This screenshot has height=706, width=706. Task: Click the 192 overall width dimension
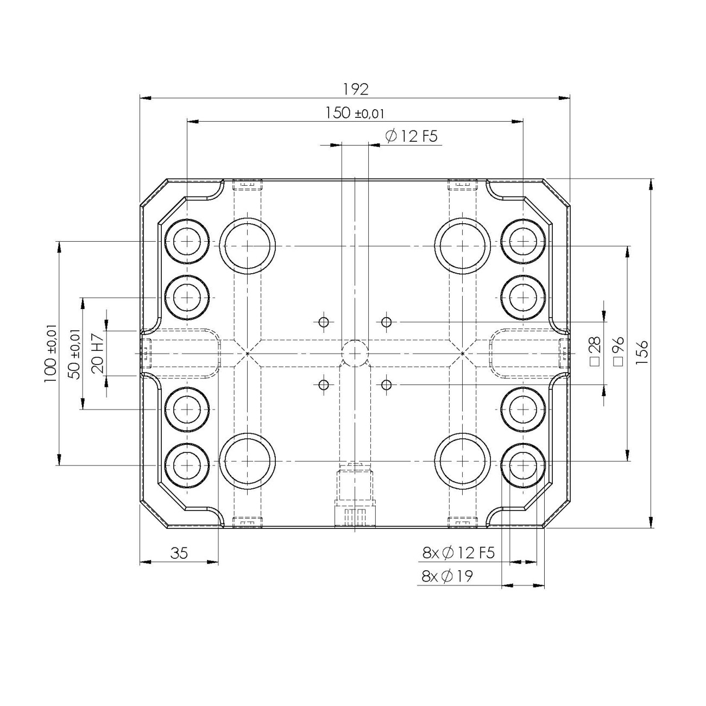click(x=355, y=89)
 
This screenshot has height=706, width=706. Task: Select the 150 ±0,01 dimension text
click(x=355, y=113)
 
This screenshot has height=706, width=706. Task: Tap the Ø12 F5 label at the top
click(x=411, y=136)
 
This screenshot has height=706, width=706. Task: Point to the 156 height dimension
click(x=643, y=353)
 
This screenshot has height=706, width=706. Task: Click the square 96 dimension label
click(x=618, y=353)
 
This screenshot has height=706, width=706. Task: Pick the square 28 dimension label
click(x=594, y=353)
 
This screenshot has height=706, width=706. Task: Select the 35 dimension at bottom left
click(x=179, y=553)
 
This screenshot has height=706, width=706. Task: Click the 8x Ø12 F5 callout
click(x=458, y=553)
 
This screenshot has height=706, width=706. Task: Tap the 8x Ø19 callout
click(x=447, y=576)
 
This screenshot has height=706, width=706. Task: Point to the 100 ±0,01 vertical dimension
click(x=51, y=353)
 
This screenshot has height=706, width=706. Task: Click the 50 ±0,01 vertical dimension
click(x=74, y=353)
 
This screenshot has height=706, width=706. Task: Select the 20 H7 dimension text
click(x=98, y=353)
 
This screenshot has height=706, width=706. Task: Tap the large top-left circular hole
click(x=248, y=245)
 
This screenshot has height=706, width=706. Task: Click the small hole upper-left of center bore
click(x=324, y=322)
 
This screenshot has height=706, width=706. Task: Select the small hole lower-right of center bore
click(x=387, y=385)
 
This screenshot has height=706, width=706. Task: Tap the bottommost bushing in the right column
click(x=522, y=465)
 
